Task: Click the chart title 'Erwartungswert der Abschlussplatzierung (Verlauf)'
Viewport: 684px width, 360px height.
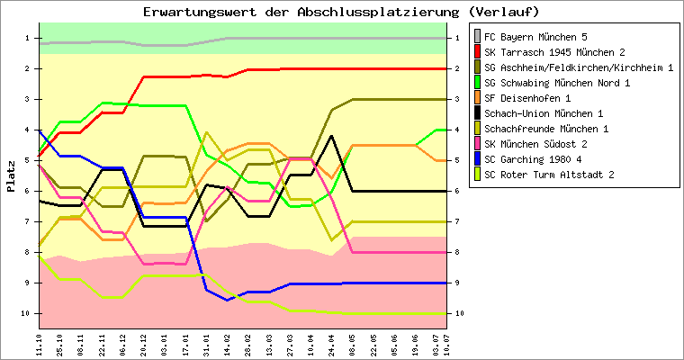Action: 341,12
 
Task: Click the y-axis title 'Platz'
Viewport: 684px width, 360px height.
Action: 11,175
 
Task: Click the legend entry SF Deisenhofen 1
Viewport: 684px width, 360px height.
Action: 527,98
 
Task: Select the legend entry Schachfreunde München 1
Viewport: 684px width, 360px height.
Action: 544,129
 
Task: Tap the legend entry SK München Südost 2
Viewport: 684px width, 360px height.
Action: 535,144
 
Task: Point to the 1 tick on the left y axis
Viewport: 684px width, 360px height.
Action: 28,38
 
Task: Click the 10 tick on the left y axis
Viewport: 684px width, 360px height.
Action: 26,313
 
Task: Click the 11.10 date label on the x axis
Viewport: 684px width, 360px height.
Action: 39,345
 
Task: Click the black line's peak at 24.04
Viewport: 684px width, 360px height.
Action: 332,136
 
